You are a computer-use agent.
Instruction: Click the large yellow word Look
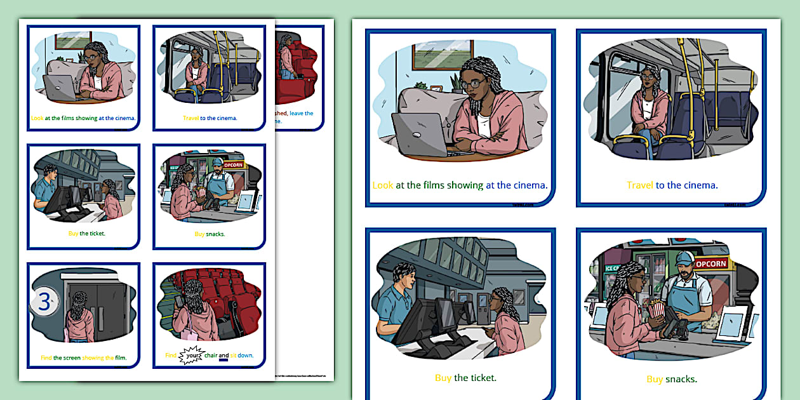click(383, 185)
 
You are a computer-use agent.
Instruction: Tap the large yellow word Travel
click(640, 185)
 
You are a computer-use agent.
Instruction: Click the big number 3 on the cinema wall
click(44, 302)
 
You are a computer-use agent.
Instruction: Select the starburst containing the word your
click(190, 356)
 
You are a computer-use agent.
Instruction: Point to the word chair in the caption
click(211, 356)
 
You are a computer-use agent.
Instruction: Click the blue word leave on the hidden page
click(301, 113)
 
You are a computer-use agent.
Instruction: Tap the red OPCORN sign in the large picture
click(710, 263)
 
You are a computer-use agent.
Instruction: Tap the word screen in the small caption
click(72, 358)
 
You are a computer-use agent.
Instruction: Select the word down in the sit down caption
click(246, 356)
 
